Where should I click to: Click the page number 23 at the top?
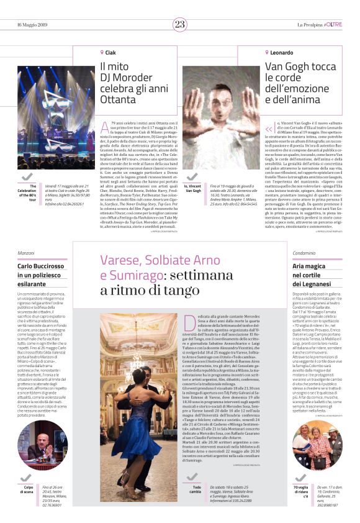(x=180, y=24)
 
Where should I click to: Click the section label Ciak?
(x=109, y=53)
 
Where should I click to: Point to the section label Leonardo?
(x=281, y=53)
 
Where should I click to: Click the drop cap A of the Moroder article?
(x=105, y=129)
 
